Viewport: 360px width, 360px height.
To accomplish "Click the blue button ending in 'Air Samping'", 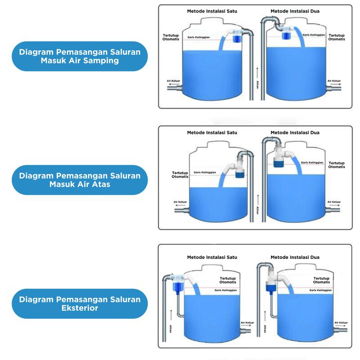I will (79, 56).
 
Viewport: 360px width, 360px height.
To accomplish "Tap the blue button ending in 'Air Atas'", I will (79, 180).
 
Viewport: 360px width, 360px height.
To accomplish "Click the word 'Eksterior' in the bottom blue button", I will (79, 308).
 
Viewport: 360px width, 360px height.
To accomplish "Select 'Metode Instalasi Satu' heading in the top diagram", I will (212, 11).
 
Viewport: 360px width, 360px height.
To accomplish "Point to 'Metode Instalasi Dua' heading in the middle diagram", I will (295, 132).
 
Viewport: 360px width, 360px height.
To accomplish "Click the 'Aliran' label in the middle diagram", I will (258, 210).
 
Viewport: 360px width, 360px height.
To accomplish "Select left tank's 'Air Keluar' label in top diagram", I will (174, 81).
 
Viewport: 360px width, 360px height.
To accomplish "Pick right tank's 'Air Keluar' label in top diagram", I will (334, 81).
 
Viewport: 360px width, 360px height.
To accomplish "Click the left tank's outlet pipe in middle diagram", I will (182, 209).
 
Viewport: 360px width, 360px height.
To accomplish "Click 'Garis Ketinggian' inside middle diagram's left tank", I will (204, 172).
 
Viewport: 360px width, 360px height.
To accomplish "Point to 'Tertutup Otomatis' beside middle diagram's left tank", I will (180, 175).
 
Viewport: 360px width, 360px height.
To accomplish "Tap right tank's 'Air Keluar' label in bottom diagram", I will (341, 323).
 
